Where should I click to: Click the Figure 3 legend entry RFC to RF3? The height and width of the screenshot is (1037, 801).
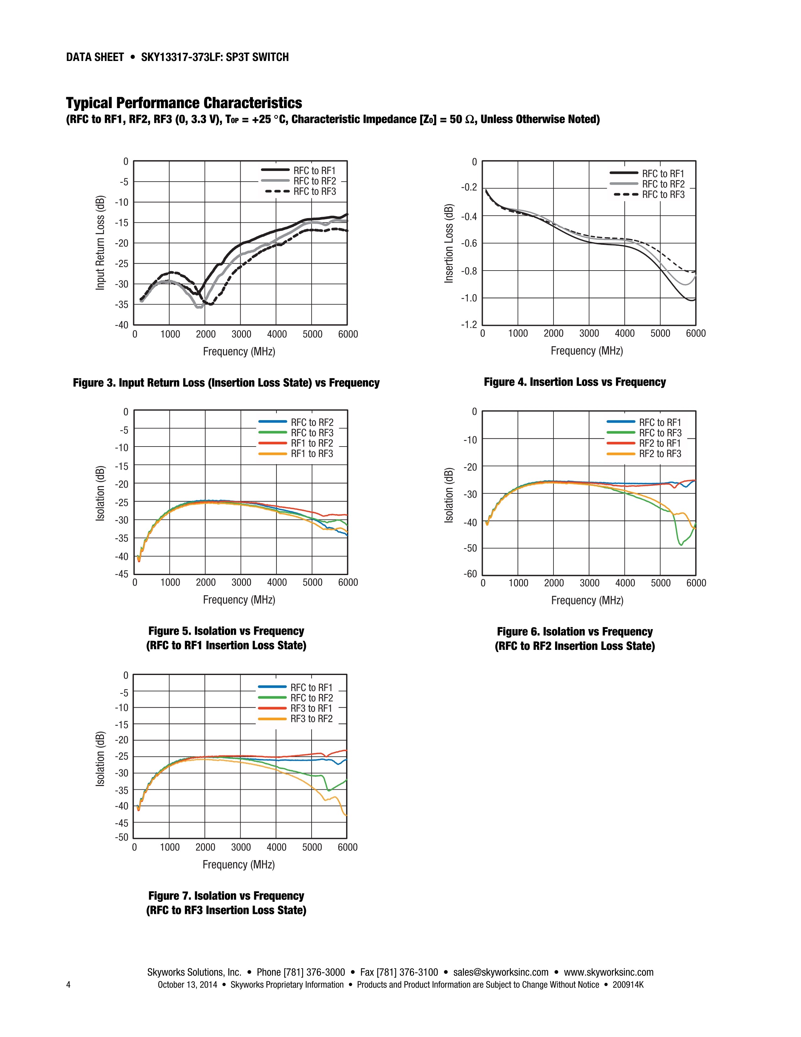(314, 191)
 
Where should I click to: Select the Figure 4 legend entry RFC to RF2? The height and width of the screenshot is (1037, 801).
(663, 184)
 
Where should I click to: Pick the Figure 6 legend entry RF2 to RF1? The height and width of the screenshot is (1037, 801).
(660, 443)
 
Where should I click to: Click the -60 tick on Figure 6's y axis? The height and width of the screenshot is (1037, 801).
(470, 573)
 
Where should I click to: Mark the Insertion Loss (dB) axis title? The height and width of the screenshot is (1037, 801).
(449, 244)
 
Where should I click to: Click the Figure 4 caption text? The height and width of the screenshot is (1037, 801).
(574, 382)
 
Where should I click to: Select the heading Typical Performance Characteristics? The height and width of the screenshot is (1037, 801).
(184, 103)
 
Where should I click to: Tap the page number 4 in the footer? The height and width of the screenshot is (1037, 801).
(68, 984)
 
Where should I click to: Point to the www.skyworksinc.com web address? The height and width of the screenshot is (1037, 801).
(608, 972)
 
